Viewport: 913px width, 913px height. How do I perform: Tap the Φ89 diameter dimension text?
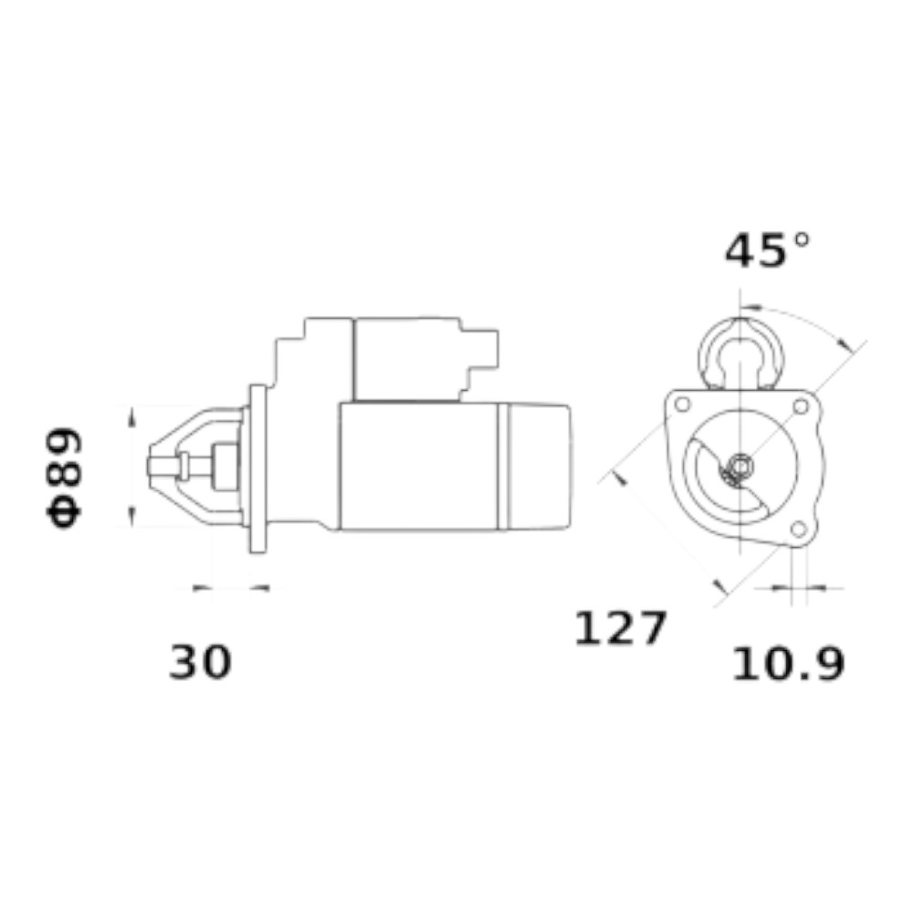(x=64, y=477)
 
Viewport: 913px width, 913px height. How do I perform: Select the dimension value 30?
(x=200, y=662)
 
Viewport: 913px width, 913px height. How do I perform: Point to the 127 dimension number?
(x=620, y=628)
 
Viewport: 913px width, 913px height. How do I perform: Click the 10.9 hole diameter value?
(x=788, y=664)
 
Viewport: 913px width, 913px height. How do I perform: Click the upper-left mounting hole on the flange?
(x=682, y=404)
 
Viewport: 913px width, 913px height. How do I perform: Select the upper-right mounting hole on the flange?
(x=802, y=406)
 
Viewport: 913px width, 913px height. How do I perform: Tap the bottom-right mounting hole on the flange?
(x=799, y=529)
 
